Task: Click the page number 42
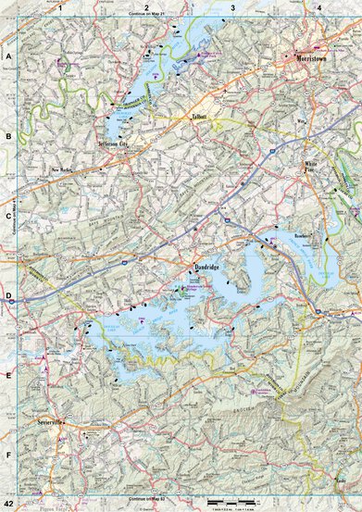8,502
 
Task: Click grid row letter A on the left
8,56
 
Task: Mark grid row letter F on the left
8,456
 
